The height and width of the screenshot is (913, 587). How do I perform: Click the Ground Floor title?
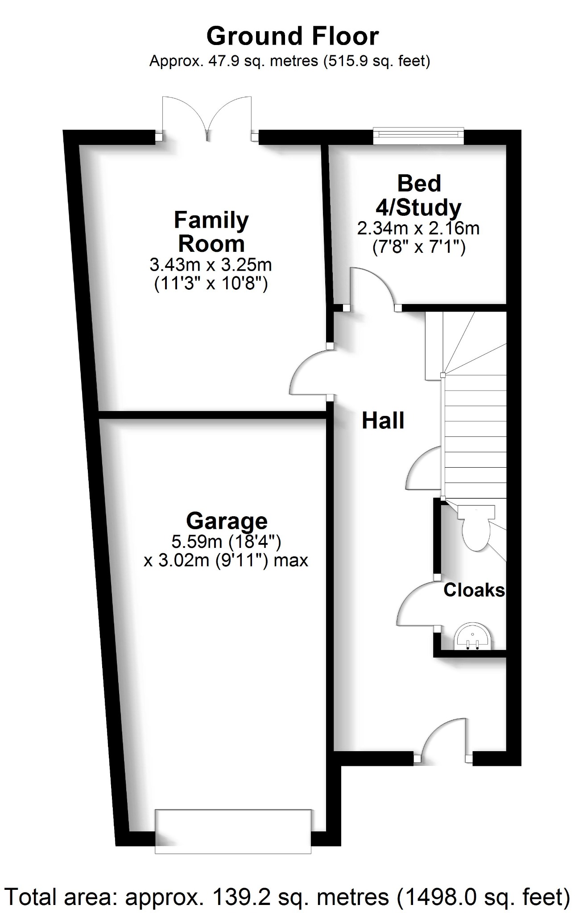click(x=293, y=37)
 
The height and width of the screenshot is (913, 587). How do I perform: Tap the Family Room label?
click(x=211, y=232)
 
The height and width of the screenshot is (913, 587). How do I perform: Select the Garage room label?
click(x=227, y=521)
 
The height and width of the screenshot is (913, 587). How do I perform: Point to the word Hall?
click(x=383, y=421)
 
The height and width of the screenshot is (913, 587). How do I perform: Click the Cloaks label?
click(x=474, y=590)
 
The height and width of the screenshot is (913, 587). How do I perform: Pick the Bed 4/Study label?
click(x=418, y=195)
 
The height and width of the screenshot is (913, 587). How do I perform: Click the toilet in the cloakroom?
click(x=476, y=528)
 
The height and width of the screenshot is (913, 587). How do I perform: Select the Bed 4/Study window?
click(x=418, y=136)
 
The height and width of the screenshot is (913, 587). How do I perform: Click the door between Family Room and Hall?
click(x=310, y=372)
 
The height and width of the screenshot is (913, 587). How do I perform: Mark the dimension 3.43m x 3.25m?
click(x=211, y=265)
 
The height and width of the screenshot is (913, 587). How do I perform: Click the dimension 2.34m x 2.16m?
click(x=418, y=229)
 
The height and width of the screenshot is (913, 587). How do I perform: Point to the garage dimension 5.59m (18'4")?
click(x=226, y=542)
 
